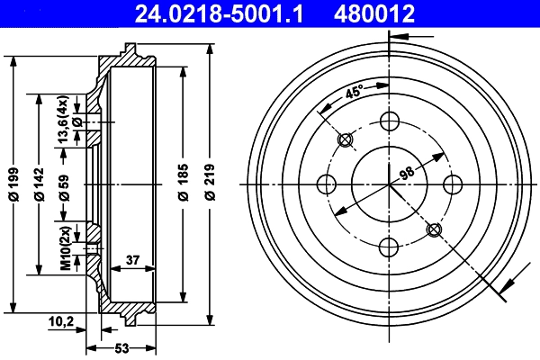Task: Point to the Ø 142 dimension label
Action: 39,185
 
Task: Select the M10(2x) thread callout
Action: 65,248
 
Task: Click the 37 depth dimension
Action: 132,260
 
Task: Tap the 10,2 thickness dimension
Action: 61,319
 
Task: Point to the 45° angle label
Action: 353,93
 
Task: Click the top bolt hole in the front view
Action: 389,121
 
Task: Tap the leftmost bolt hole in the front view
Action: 326,184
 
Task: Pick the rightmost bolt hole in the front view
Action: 453,184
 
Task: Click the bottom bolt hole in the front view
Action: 389,247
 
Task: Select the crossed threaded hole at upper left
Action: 344,139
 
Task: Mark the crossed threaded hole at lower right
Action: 434,229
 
